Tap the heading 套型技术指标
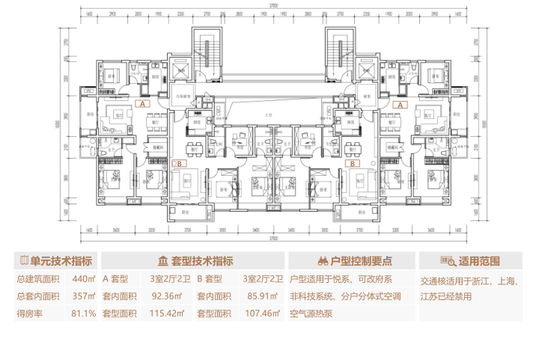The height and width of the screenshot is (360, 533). (x=202, y=261)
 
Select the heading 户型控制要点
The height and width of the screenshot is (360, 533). (x=362, y=261)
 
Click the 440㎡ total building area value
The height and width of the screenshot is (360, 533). (x=83, y=279)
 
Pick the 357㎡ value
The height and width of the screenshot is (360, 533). (x=83, y=296)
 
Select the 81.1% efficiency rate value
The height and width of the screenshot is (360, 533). (x=83, y=314)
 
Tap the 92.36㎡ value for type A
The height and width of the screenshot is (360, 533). (x=168, y=296)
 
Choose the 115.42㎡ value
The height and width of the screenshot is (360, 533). (x=168, y=314)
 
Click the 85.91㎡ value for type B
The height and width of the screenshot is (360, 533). (x=261, y=296)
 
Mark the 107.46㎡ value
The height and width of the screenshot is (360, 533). (x=261, y=314)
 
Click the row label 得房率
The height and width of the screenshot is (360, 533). (x=31, y=314)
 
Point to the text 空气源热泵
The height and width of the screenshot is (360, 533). (x=311, y=314)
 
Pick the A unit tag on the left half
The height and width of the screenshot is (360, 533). (x=142, y=105)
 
